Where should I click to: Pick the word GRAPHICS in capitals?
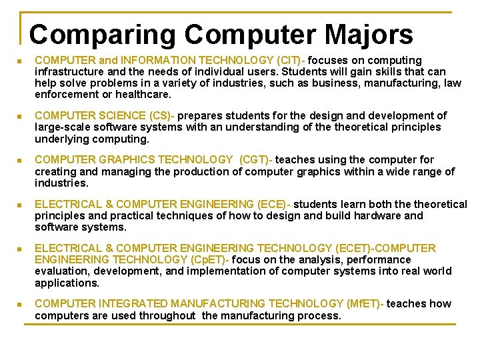click(x=115, y=160)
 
